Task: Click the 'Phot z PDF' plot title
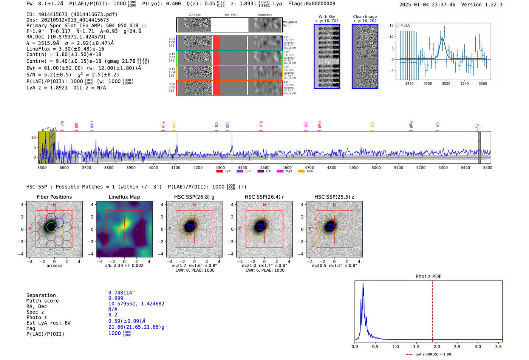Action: point(428,277)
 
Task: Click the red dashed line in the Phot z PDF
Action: point(433,310)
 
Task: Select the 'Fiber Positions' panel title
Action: point(54,197)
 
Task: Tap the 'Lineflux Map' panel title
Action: point(124,197)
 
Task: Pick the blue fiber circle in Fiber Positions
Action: point(59,222)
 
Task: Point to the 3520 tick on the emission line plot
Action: point(446,83)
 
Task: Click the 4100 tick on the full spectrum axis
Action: point(176,167)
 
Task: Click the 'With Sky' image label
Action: point(327,17)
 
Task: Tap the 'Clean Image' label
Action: point(365,17)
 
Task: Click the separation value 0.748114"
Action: point(121,293)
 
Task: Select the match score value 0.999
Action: point(116,298)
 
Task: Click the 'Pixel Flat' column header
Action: point(230,15)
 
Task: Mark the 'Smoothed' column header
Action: point(264,15)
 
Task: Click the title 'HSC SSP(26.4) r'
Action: point(264,197)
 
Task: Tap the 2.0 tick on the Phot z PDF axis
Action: point(437,346)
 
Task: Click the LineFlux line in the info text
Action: point(65,49)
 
